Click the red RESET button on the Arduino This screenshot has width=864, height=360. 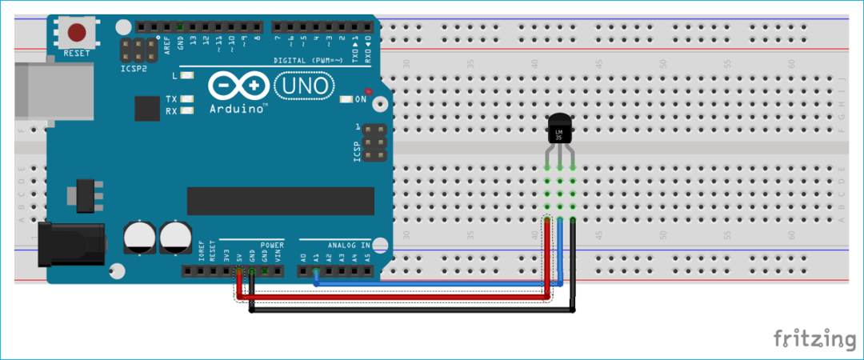click(78, 34)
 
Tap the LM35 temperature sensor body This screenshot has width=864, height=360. click(559, 129)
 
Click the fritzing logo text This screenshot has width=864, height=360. click(814, 338)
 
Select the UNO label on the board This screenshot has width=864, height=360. click(302, 85)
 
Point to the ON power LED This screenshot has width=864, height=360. click(346, 99)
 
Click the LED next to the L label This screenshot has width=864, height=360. click(187, 76)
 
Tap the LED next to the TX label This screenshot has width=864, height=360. click(187, 99)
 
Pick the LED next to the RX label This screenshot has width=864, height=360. click(187, 111)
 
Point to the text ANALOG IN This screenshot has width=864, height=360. click(348, 245)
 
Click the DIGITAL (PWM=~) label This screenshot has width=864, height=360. click(308, 60)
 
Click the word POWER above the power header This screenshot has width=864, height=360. click(272, 245)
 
